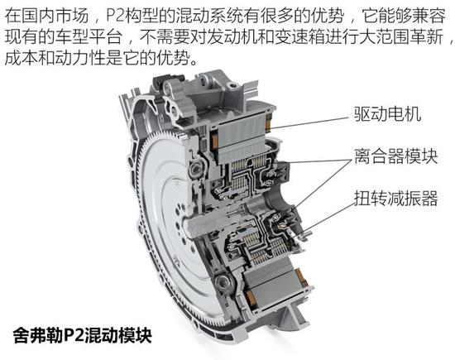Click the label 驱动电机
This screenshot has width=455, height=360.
[387, 114]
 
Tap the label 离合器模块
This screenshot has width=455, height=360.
[395, 156]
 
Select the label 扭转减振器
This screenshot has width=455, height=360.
[395, 199]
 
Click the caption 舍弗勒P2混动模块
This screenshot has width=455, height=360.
[83, 335]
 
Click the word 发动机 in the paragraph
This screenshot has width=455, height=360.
[232, 37]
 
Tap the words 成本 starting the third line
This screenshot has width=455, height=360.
[22, 59]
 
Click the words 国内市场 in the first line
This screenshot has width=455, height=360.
[55, 16]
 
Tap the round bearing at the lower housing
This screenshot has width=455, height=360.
[223, 281]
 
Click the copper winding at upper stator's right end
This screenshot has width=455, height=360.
[268, 122]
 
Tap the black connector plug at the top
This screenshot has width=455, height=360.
[168, 78]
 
